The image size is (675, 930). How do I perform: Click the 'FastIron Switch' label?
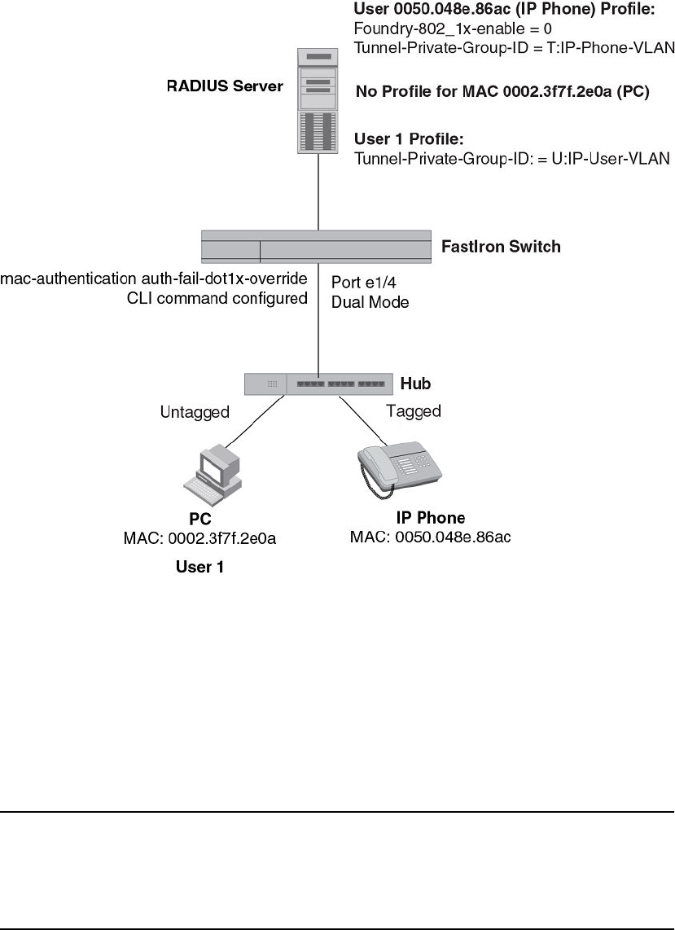[501, 246]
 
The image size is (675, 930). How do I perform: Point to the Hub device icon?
[317, 383]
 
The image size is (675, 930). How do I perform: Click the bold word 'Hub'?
[415, 383]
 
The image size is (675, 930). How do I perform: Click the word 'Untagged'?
[195, 412]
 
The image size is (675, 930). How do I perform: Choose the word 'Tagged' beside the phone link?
[414, 411]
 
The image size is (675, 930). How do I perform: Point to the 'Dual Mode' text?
[369, 301]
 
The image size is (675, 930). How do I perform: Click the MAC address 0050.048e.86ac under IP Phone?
[430, 537]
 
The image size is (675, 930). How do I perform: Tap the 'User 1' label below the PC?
[199, 567]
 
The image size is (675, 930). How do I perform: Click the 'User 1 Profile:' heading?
[409, 139]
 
